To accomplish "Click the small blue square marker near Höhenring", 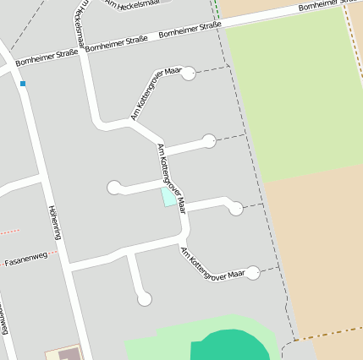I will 23,84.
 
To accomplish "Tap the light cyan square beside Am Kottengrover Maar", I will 169,197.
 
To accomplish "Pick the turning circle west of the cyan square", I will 114,188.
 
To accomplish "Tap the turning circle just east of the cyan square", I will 236,208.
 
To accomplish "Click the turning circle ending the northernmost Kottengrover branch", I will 189,74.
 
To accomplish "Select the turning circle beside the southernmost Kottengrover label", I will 252,272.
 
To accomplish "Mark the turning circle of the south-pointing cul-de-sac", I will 145,298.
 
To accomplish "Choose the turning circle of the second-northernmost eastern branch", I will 209,141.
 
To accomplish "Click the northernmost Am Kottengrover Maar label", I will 157,94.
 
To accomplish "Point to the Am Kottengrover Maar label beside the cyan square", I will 172,177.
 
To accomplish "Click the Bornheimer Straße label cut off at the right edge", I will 331,7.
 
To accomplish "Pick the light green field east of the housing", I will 292,93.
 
